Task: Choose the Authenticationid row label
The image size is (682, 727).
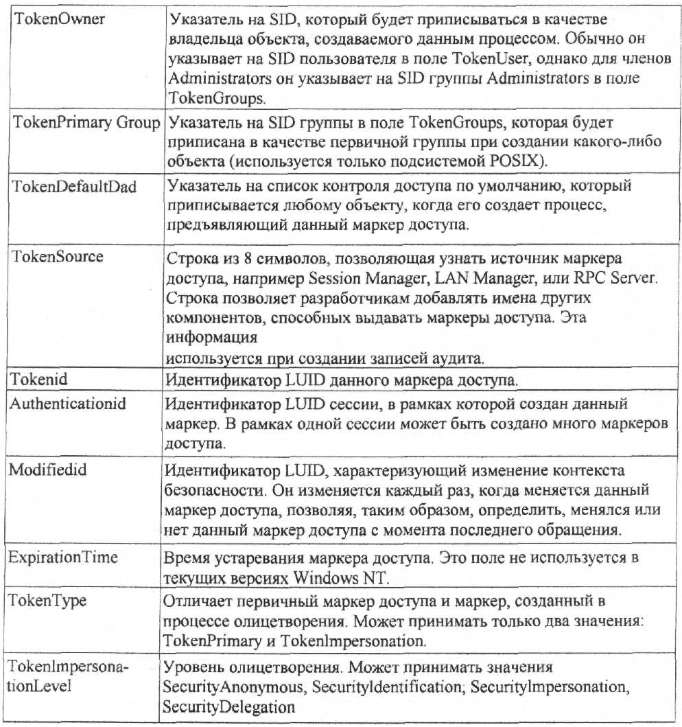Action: [67, 404]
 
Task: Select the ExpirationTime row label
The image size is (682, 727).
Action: [63, 557]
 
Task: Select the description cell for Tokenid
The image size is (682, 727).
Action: [419, 379]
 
